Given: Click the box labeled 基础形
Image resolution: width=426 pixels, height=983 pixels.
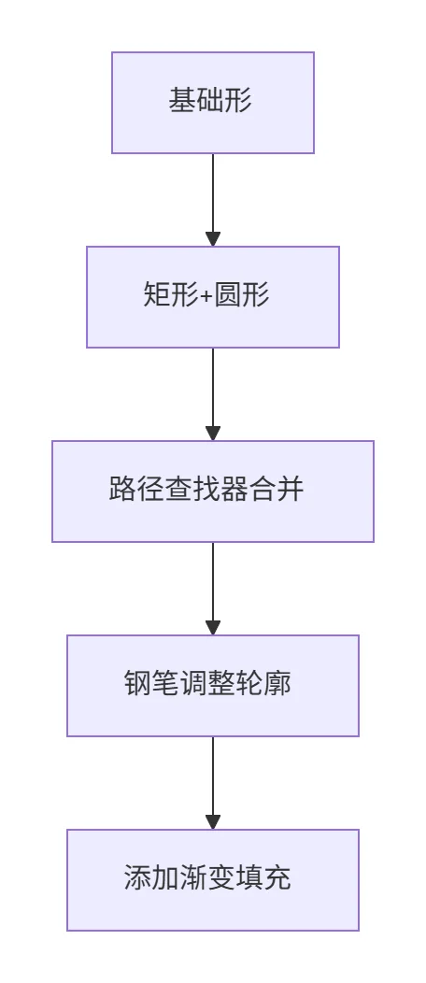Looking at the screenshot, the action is (213, 103).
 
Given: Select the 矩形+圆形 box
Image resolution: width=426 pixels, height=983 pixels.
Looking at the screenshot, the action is (213, 297).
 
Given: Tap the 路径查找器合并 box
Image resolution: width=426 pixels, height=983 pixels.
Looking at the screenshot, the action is (213, 491).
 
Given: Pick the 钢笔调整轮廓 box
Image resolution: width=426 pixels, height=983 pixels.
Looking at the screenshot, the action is (213, 686).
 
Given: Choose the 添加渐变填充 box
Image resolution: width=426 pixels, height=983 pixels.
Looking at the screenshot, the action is (213, 880).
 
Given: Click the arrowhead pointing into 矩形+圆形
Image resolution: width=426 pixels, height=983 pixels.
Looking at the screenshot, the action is (213, 239).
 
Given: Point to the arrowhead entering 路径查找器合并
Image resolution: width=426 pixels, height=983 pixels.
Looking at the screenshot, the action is (213, 434).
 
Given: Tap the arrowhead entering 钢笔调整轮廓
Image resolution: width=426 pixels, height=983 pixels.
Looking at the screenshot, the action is (213, 628).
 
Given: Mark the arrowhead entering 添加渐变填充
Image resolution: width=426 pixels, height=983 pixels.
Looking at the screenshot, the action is (213, 822).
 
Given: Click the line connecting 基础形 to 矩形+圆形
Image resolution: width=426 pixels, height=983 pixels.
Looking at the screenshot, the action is (213, 192).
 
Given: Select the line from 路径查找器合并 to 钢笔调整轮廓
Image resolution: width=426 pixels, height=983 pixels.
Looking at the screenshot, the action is (213, 581).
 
